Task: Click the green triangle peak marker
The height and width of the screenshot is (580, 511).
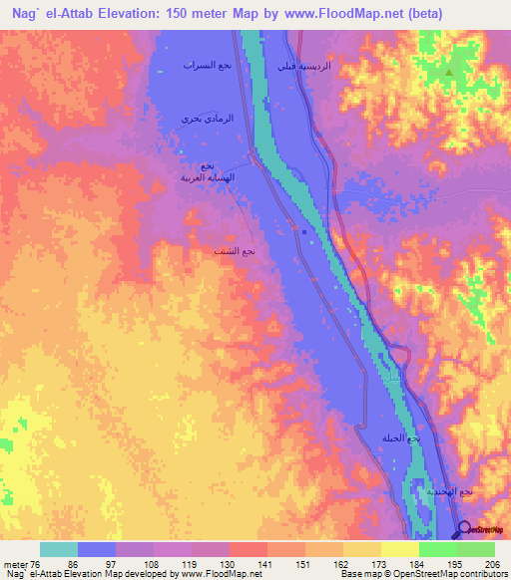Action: pos(450,72)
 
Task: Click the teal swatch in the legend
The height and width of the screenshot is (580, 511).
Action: pos(59,549)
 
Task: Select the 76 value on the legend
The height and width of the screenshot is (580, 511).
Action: pos(37,565)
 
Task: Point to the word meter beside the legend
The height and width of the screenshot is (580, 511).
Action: pos(15,565)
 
